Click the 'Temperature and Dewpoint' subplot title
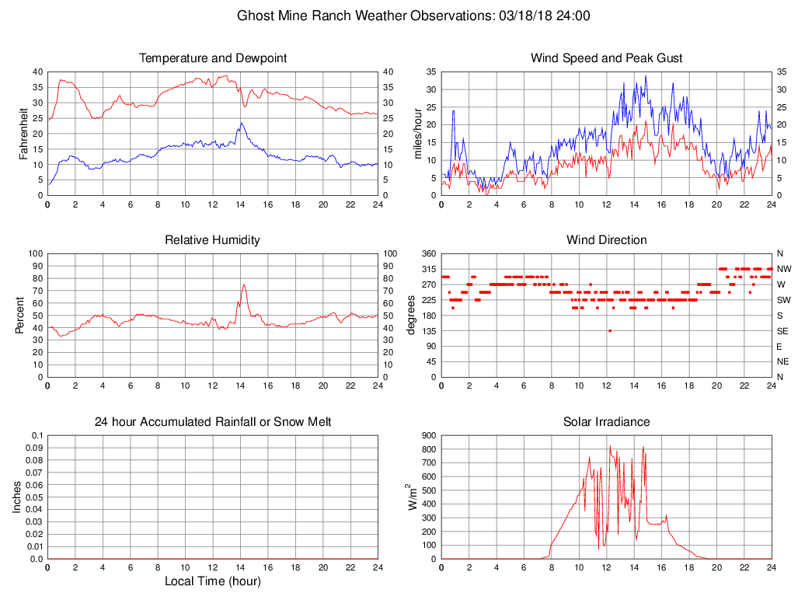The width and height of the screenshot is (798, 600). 213,58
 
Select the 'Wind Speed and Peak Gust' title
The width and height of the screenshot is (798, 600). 606,58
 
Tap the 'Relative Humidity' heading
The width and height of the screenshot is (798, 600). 213,240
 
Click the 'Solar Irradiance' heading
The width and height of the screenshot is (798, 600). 606,422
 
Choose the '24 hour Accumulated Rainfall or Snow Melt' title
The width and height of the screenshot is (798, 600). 213,422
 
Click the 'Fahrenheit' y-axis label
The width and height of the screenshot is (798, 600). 24,133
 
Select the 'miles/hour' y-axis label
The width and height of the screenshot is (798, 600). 418,133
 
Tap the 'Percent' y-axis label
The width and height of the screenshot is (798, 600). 19,315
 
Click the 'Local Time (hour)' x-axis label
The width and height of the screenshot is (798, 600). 213,581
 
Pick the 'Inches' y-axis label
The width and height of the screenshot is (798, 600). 17,497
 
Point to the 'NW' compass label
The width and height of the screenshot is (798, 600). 783,269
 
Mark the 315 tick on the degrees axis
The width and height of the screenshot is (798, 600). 427,269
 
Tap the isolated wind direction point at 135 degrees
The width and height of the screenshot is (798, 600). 610,331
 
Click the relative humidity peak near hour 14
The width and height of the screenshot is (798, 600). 244,284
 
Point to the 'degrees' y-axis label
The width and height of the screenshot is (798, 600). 410,315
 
